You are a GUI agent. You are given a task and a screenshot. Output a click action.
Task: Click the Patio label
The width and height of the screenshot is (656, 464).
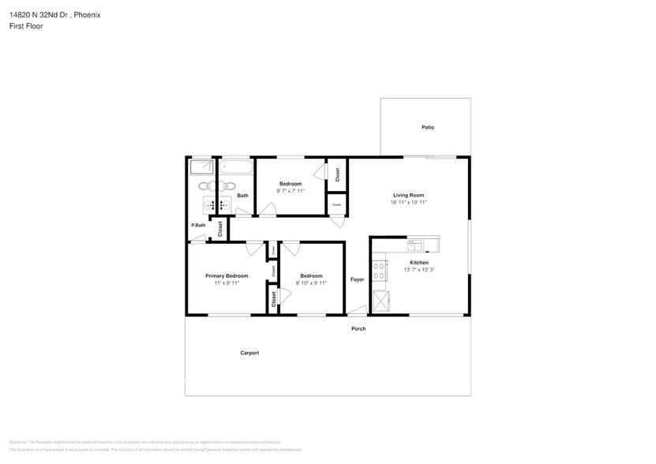[x=427, y=127]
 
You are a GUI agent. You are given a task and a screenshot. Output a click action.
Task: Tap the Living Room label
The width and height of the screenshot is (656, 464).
[x=409, y=195]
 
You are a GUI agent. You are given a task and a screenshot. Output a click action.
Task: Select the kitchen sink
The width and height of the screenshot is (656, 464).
[x=413, y=245]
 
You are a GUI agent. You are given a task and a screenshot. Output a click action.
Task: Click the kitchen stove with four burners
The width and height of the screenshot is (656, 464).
[x=380, y=271]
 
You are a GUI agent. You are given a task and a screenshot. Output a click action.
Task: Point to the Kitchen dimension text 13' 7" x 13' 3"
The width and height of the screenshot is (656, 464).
[x=419, y=270]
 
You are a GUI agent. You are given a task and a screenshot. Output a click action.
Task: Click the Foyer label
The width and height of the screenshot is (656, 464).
[x=358, y=279]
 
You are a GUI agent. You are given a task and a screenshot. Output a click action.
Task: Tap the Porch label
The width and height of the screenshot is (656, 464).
[x=358, y=328]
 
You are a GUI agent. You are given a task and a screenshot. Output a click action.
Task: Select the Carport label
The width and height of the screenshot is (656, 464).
[x=249, y=353]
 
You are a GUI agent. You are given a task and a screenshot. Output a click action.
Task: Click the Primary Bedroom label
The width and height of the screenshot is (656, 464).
[x=227, y=275]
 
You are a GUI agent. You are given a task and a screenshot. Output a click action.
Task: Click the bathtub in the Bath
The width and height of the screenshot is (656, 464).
[x=235, y=167]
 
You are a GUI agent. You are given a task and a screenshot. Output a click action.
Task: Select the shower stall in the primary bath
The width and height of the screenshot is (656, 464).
[x=201, y=167]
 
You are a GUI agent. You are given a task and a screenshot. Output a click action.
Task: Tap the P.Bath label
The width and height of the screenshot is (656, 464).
[x=198, y=226]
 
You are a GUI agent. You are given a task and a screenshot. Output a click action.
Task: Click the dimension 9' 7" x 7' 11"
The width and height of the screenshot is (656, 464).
[x=291, y=190]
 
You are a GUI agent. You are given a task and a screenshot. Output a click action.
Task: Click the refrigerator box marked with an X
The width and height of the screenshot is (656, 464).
[x=380, y=301]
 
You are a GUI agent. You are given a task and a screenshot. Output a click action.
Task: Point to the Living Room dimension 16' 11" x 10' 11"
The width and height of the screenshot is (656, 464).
[x=409, y=202]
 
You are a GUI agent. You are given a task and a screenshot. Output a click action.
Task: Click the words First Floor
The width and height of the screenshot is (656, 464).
[x=26, y=26]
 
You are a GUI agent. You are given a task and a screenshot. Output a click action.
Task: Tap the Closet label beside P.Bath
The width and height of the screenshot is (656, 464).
[x=220, y=229]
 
